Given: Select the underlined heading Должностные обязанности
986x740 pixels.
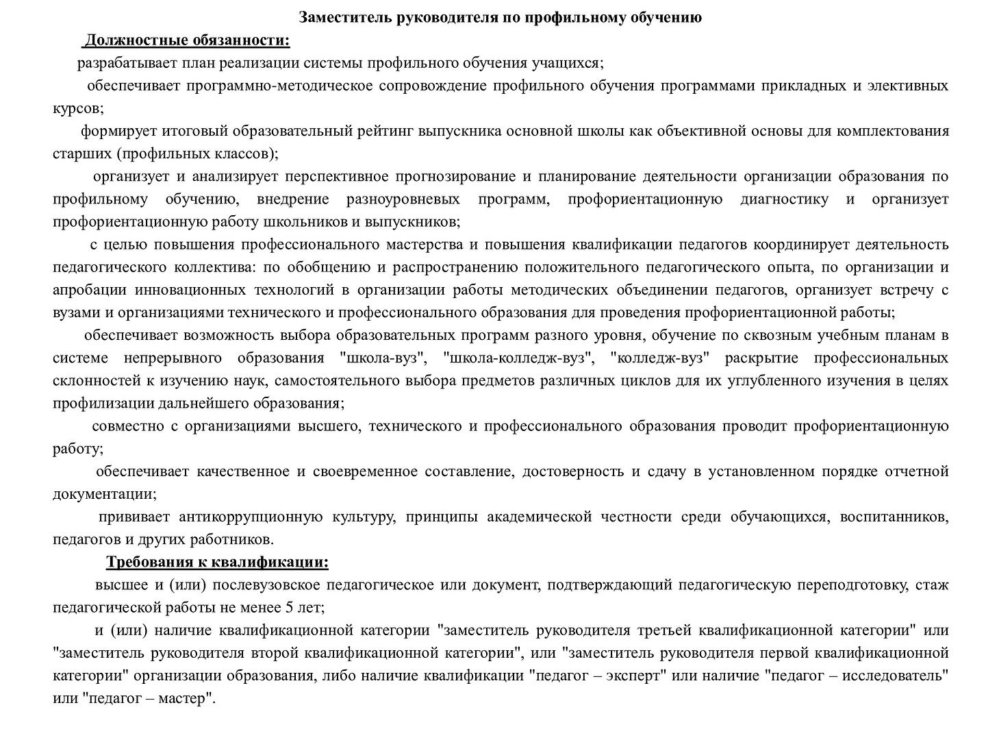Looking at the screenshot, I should click(x=186, y=41).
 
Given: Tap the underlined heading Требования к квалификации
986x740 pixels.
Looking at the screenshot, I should click(x=217, y=563).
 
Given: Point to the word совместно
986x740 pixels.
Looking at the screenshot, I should click(x=127, y=426).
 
